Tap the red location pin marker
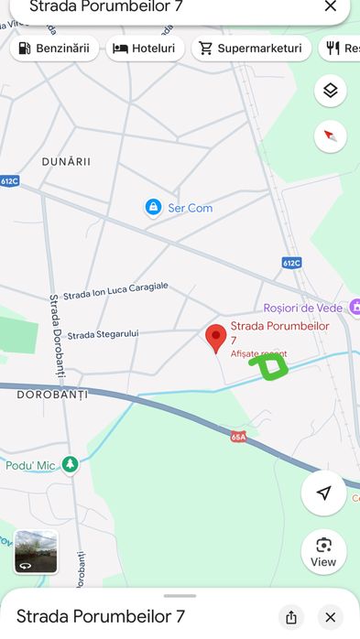215,337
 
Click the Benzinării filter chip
54,49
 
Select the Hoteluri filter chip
145,49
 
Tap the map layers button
331,91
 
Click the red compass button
331,136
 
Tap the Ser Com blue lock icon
153,208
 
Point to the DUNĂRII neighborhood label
67,161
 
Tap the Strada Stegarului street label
103,334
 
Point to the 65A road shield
239,437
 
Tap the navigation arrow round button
323,493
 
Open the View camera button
323,552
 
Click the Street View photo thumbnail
36,552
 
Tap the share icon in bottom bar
291,616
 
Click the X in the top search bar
330,7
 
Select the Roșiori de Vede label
302,308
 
